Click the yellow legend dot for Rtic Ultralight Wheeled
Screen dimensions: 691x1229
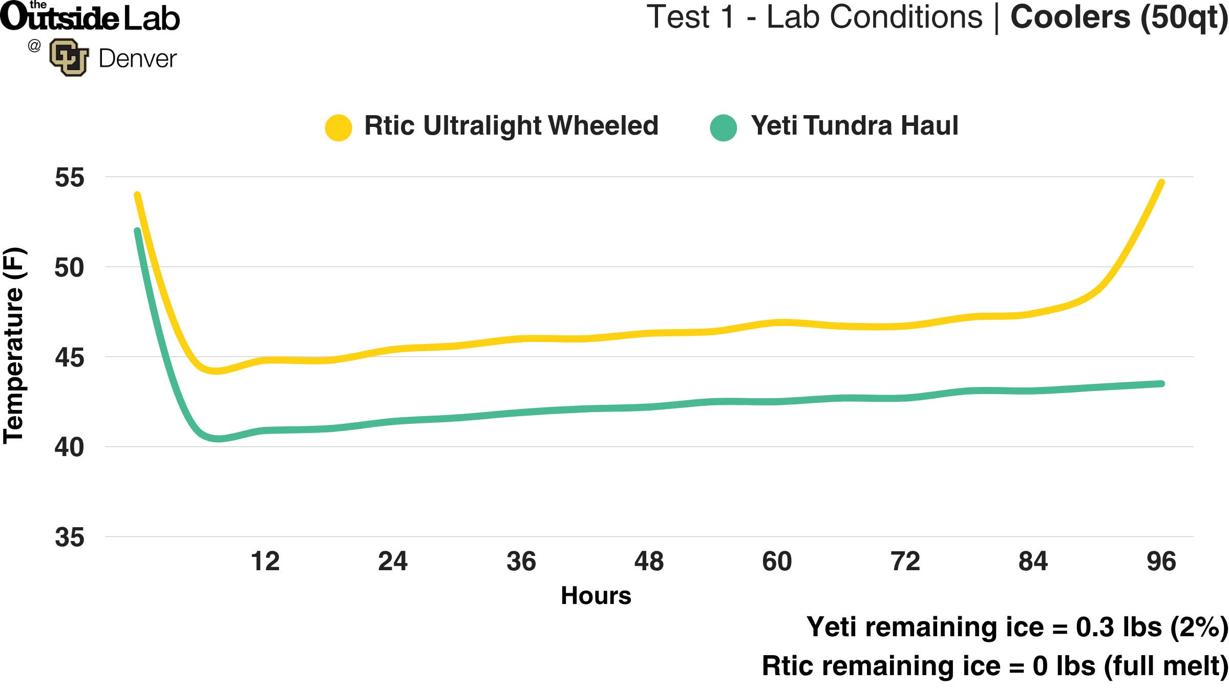(338, 127)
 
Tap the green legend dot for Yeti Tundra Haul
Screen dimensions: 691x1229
(723, 127)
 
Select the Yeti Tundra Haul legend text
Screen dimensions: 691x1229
(854, 125)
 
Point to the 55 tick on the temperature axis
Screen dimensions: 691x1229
(70, 178)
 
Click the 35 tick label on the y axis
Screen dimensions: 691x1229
(70, 537)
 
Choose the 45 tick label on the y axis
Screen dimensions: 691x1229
(70, 357)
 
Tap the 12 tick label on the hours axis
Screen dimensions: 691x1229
(265, 561)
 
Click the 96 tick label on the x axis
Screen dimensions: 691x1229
(1161, 561)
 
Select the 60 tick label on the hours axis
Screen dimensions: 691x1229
(777, 561)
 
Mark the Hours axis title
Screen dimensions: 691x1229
(596, 595)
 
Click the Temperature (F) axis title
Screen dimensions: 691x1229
(14, 345)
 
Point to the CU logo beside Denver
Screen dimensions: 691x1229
(69, 57)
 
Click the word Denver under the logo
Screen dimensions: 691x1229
(137, 58)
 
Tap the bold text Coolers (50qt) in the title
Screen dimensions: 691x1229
(1118, 17)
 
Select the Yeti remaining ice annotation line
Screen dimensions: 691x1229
(1016, 627)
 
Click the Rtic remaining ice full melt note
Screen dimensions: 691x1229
(994, 666)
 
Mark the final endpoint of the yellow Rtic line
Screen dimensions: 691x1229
(1161, 183)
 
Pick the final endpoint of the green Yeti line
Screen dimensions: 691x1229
(1161, 383)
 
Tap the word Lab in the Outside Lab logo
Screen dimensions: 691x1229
(152, 18)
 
